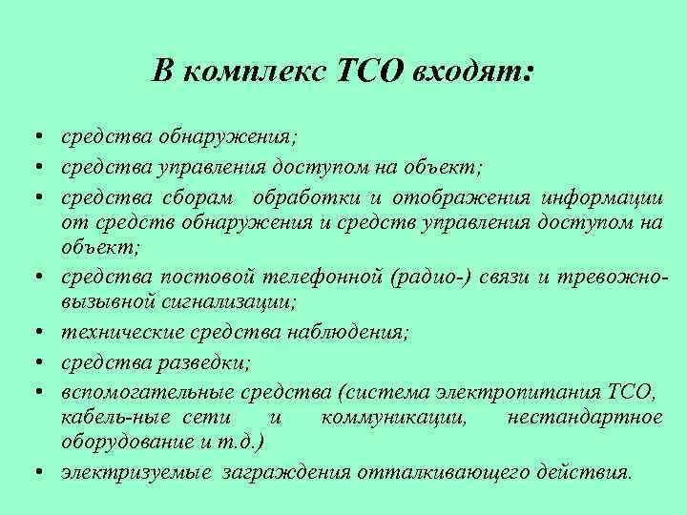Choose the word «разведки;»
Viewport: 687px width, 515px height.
tap(208, 361)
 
